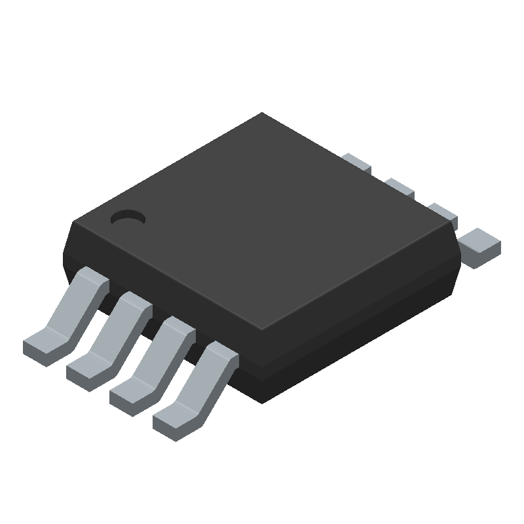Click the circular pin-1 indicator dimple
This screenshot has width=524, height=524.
point(128,218)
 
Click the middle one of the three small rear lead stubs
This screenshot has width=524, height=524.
point(400,187)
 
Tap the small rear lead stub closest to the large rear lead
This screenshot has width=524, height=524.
point(443,212)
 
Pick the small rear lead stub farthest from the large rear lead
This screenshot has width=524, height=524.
point(357,163)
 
